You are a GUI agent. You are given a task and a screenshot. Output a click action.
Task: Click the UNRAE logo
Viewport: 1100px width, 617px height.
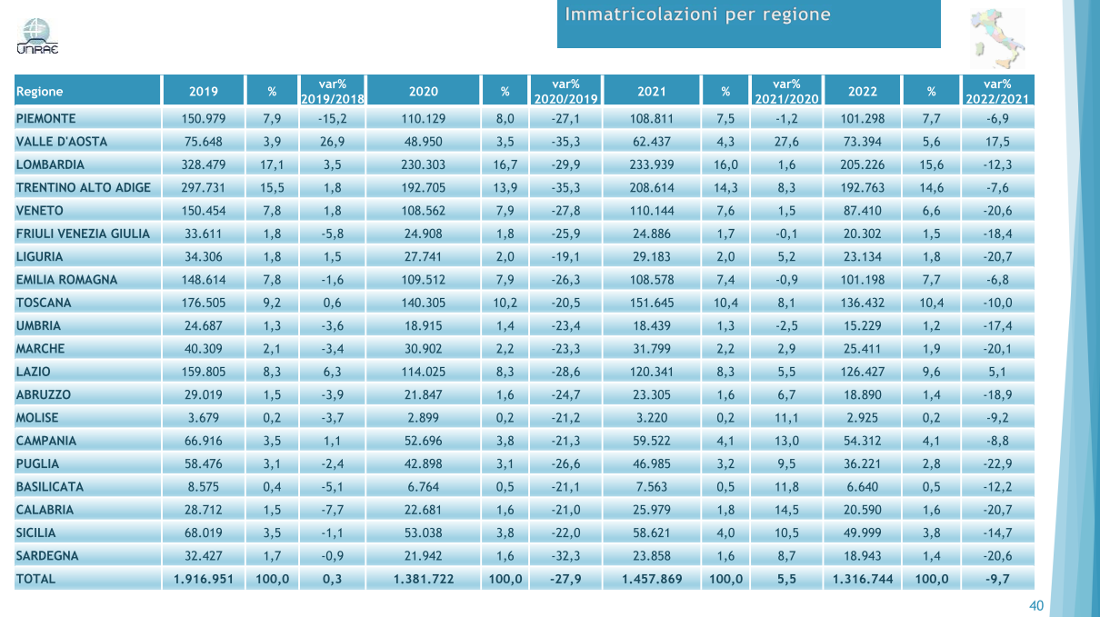coord(37,36)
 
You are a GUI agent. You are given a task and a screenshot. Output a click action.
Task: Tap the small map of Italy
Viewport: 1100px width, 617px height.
coord(995,37)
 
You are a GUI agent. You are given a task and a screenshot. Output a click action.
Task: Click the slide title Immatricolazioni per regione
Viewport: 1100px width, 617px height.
coord(698,15)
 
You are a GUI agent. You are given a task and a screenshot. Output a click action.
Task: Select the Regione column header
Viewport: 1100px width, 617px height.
coord(40,91)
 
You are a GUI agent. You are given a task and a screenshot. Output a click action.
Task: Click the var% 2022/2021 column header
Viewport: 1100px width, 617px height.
coord(998,91)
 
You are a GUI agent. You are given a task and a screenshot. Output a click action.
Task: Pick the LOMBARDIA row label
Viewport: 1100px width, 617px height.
coord(50,164)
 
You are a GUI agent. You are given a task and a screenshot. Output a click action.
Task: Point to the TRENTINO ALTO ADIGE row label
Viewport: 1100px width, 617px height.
coord(84,187)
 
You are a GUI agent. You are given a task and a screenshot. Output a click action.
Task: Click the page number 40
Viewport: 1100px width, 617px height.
coord(1035,606)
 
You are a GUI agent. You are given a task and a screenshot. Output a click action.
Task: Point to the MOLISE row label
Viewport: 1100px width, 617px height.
coord(37,418)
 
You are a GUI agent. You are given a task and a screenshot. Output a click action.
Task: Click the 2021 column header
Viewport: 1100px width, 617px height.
coord(652,91)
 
